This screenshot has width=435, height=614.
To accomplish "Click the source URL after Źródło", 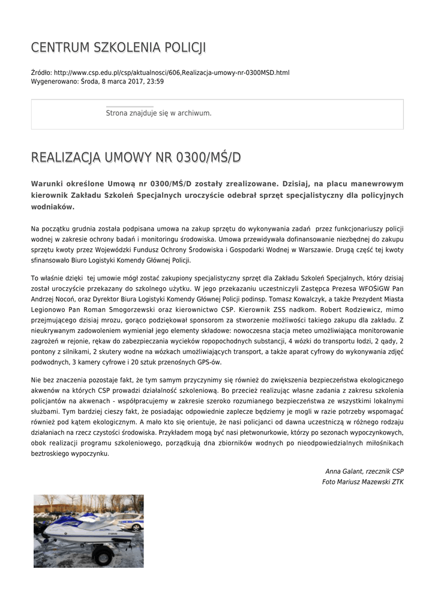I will [x=171, y=73].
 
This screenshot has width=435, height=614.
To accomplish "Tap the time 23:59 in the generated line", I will [x=155, y=81].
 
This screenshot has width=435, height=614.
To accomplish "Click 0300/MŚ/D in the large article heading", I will [x=208, y=158].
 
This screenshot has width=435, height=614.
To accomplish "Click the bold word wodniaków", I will [x=53, y=206].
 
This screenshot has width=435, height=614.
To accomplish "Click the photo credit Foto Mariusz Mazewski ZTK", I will [x=363, y=481].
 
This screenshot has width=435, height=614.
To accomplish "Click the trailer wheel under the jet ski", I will [x=104, y=555].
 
